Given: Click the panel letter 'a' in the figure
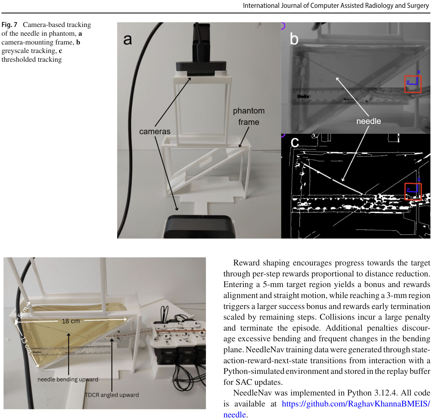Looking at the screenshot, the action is pos(127,40).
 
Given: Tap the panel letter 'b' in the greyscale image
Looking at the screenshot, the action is pos(294,38).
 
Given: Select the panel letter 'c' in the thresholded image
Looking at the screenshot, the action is pos(295,142).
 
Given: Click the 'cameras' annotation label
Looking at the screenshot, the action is pos(155,131).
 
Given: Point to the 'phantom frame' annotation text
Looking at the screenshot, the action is pos(249,116).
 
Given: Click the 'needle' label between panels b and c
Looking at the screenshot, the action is pos(369,121).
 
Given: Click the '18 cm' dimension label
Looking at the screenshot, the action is pos(70,321).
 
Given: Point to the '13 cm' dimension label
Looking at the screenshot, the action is pos(26,344).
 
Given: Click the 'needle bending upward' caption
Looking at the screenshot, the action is pos(68,379).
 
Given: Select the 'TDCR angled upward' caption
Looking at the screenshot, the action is pos(112,395).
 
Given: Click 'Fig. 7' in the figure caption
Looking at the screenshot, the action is pos(9,24).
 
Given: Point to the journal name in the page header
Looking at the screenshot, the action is pos(336,5).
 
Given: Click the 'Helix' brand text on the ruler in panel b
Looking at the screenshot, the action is pos(303,96).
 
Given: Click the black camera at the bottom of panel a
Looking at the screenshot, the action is pos(199,227).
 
